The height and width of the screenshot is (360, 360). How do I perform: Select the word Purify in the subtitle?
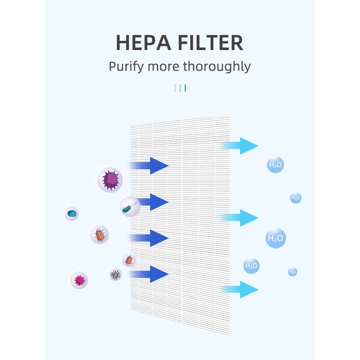(x=126, y=67)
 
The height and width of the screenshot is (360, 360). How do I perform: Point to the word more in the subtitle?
(x=164, y=66)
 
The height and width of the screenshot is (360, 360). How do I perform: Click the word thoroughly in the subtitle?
(x=216, y=67)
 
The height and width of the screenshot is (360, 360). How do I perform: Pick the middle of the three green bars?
(x=180, y=88)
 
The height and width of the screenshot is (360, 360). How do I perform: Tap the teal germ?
(x=72, y=214)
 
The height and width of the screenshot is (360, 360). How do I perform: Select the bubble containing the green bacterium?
(x=130, y=207)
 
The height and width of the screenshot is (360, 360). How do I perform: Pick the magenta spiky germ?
(x=79, y=280)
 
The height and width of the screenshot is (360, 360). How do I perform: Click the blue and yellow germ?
(x=116, y=275)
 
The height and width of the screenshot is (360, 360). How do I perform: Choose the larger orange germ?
(x=99, y=235)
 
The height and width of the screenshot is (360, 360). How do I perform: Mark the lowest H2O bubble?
(x=292, y=272)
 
